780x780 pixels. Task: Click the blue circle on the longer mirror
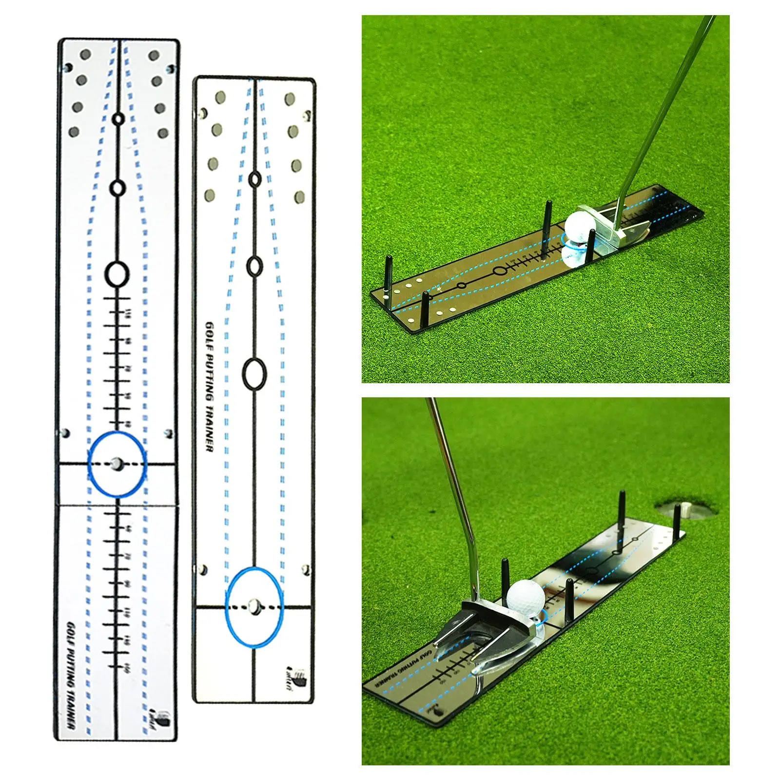click(x=117, y=464)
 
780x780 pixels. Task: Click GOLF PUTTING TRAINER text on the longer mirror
click(x=70, y=675)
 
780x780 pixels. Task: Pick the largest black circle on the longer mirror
click(x=117, y=274)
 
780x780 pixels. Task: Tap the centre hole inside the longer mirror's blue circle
click(x=117, y=464)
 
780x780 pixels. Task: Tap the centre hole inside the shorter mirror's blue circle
click(x=253, y=605)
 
